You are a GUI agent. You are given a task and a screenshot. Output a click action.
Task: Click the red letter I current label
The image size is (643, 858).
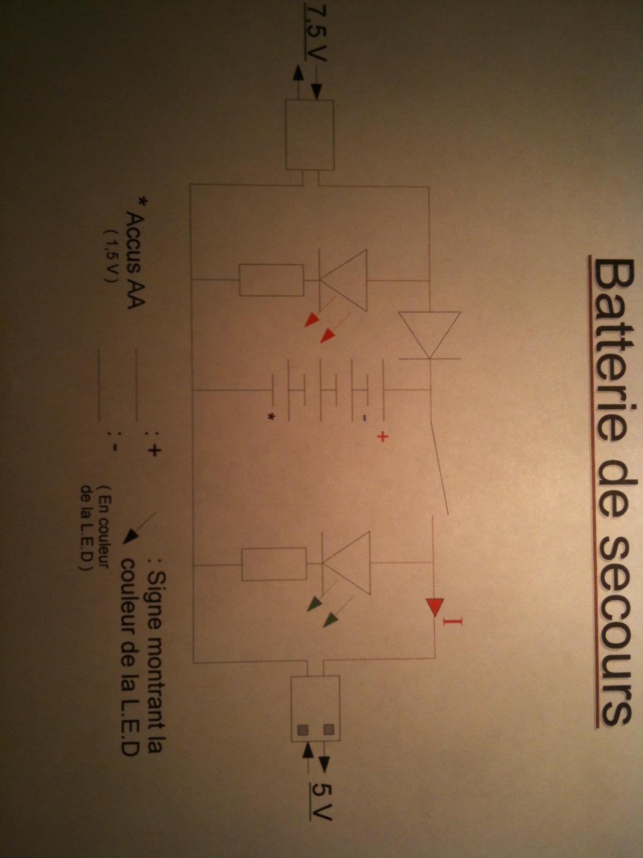(x=453, y=621)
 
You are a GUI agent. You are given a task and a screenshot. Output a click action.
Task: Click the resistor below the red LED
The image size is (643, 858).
(x=271, y=280)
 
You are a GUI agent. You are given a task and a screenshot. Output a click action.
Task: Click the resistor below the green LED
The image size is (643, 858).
(x=274, y=564)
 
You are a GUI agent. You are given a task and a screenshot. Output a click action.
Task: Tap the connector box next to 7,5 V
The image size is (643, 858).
(x=309, y=135)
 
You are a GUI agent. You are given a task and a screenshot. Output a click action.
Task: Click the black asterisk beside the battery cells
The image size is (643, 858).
(x=271, y=416)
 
